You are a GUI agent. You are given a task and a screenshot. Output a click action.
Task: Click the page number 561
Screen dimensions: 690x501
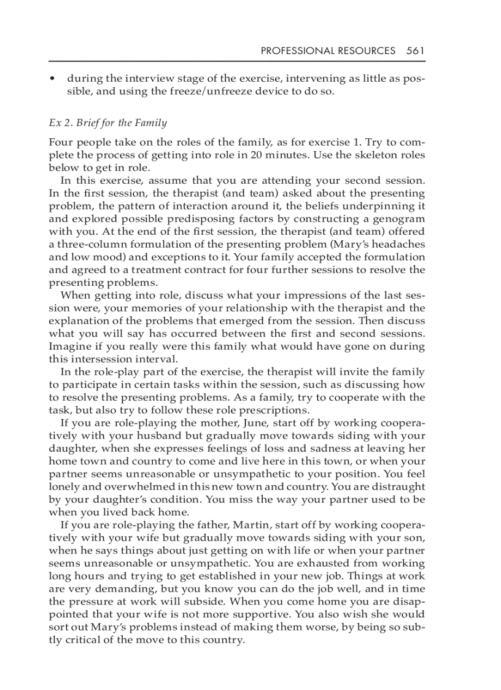415,51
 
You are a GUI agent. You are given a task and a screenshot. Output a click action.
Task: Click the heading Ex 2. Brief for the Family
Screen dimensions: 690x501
107,123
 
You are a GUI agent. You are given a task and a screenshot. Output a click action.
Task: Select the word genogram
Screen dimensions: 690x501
397,219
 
